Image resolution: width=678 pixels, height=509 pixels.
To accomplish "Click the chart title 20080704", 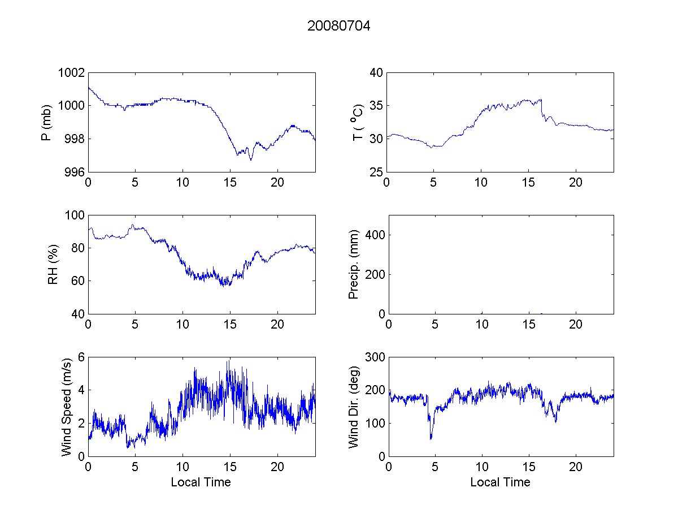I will point(338,26).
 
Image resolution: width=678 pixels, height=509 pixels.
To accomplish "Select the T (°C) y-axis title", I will point(357,122).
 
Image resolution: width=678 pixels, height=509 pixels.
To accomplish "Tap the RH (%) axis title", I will point(53,264).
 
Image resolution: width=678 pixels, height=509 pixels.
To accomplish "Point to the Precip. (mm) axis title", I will point(354,264).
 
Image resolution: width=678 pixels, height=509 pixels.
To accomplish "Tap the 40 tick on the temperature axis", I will point(377,73).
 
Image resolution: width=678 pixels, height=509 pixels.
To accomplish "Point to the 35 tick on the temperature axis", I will point(377,106).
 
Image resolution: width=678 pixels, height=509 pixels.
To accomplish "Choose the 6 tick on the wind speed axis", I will point(81,357).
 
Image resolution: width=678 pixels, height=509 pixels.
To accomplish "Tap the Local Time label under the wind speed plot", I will point(201,482).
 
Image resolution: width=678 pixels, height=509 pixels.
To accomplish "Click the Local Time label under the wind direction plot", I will point(500,482).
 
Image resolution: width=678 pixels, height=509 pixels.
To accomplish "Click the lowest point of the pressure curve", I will point(250,159).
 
